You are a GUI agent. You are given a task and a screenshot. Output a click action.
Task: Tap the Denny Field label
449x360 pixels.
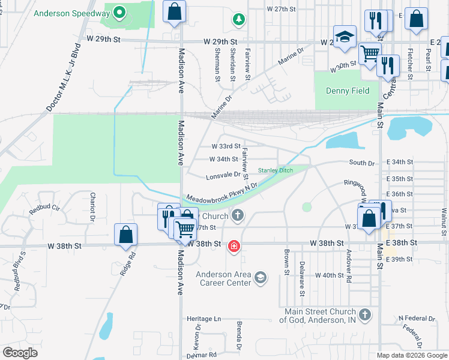(x=348, y=91)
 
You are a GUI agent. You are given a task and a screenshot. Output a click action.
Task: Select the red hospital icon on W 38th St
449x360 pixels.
(x=234, y=246)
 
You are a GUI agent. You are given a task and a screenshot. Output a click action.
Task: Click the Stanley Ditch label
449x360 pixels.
(x=276, y=170)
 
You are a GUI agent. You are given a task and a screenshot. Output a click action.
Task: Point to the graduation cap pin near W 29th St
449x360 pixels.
(x=345, y=37)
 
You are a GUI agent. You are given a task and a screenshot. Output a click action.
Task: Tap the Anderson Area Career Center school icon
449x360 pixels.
(x=261, y=277)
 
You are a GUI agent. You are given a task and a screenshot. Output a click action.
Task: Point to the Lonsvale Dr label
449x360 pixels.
(x=223, y=175)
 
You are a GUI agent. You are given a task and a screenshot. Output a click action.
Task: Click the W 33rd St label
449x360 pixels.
(x=226, y=146)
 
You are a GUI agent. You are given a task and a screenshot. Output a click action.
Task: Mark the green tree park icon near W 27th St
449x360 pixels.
(x=239, y=20)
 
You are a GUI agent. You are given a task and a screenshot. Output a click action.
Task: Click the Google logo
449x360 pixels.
(x=20, y=353)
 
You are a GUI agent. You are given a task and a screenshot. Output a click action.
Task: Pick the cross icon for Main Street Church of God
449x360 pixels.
(x=364, y=314)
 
